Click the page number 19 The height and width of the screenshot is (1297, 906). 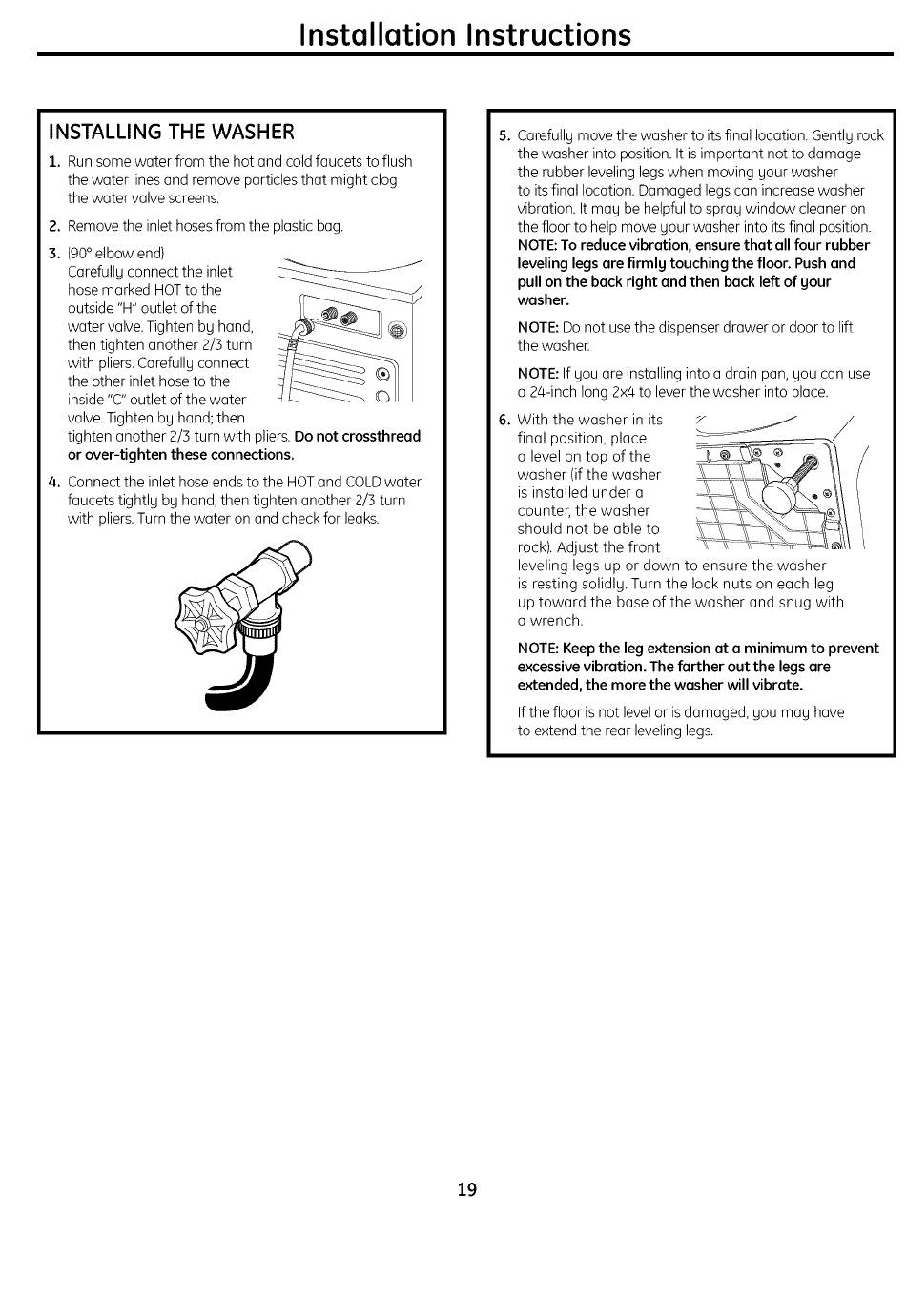click(x=466, y=1189)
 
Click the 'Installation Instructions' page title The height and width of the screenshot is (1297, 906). click(x=465, y=35)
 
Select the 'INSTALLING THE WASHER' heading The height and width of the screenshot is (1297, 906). click(x=172, y=132)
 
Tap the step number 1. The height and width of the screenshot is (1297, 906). click(x=54, y=162)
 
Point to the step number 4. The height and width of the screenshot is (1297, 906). click(x=54, y=483)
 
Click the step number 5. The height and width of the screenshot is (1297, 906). click(x=504, y=136)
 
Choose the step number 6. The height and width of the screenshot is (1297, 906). click(x=504, y=421)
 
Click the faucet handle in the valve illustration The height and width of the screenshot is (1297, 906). click(x=205, y=620)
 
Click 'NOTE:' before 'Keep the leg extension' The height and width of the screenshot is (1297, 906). click(x=538, y=648)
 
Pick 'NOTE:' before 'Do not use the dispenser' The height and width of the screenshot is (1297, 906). click(x=538, y=328)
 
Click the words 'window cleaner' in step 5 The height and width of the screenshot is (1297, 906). click(x=797, y=209)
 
